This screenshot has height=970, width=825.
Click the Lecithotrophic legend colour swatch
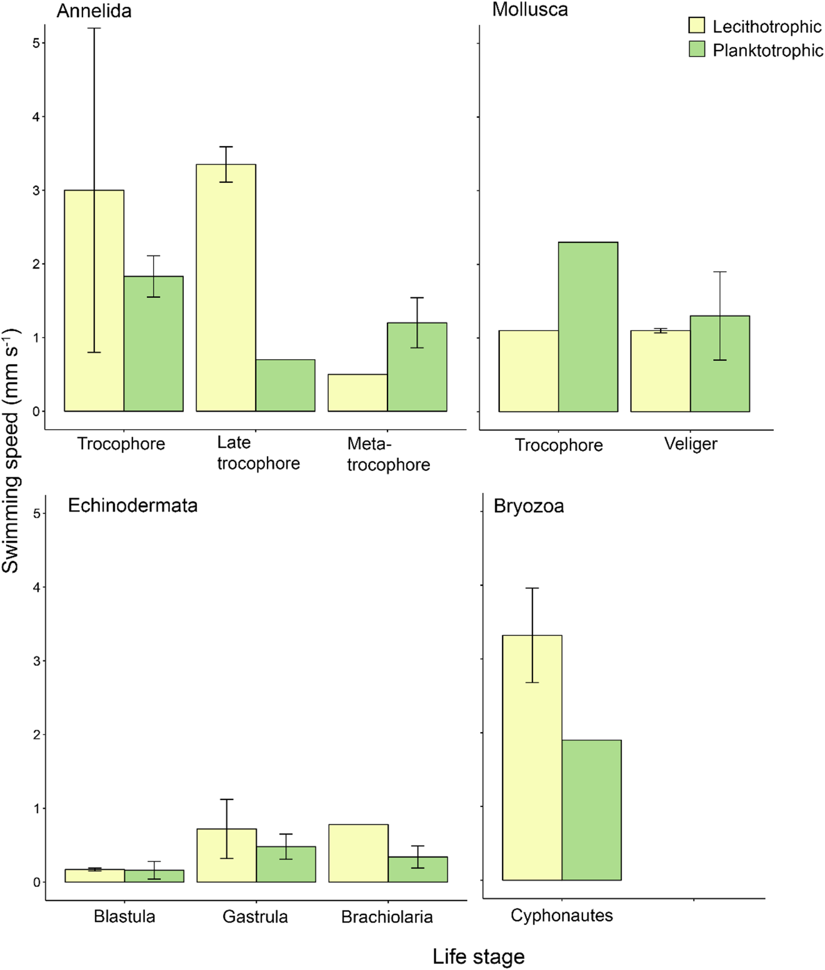coord(696,26)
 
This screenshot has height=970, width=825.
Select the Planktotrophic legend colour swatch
coord(696,49)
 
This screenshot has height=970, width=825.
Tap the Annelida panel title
coord(94,11)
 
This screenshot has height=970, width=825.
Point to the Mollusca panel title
coord(530,9)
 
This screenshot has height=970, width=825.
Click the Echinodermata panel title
coord(132,505)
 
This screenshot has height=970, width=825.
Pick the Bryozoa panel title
coord(529,506)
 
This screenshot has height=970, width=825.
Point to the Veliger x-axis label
coord(691,444)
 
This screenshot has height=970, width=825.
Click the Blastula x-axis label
coord(124,916)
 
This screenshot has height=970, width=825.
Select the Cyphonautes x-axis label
coord(561,916)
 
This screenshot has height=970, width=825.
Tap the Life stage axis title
coord(478,956)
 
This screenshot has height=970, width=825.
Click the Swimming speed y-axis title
coord(11,450)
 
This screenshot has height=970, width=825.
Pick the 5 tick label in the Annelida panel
coord(36,43)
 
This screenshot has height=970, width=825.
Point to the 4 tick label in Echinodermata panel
coord(37,587)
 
